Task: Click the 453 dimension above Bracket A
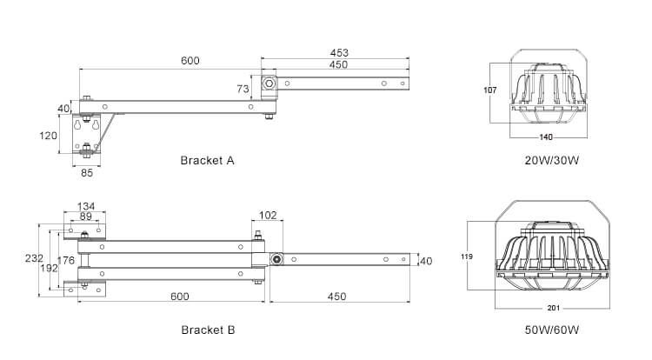[x=339, y=52]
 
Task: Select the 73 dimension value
[x=243, y=89]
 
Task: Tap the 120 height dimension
[x=48, y=136]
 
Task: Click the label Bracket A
[x=207, y=160]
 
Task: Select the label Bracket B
[x=207, y=330]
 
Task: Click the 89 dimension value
[x=85, y=217]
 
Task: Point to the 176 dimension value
[x=65, y=258]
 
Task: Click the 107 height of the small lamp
[x=489, y=90]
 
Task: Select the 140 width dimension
[x=546, y=137]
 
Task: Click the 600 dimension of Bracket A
[x=190, y=61]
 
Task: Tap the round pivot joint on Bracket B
[x=276, y=260]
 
